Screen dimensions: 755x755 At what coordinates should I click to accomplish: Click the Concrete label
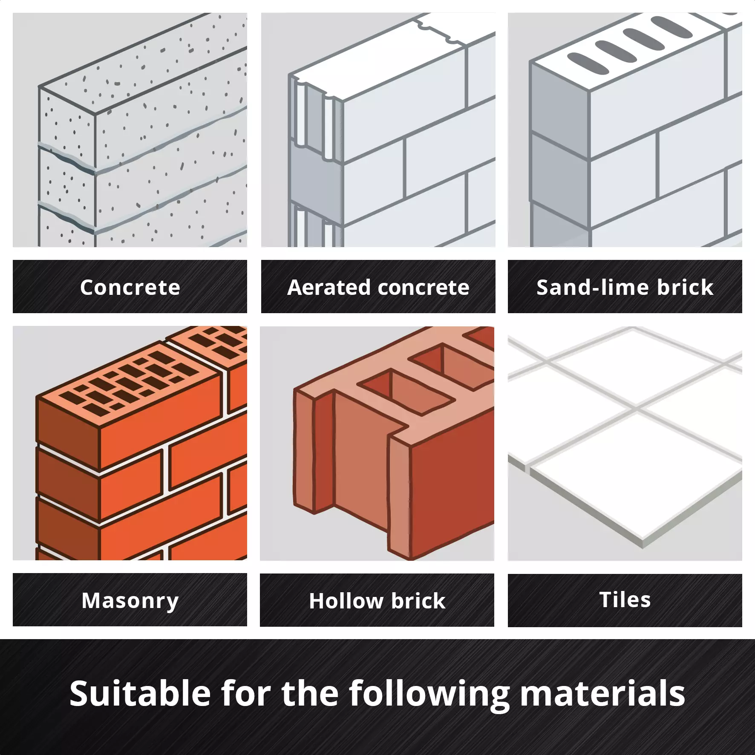coord(130,287)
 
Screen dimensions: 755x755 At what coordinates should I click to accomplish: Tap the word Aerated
coord(329,287)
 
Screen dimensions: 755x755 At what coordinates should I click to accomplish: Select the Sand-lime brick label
coord(625,287)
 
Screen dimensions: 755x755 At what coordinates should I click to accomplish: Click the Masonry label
coord(130,601)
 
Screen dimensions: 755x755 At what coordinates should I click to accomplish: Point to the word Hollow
coord(346,601)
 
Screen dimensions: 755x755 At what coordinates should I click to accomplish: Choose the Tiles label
coord(625,599)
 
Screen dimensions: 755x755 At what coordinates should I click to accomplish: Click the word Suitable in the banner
coord(140,693)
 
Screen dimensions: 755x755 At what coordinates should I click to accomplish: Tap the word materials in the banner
coord(602,693)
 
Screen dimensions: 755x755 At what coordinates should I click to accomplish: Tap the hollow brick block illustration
coord(393,444)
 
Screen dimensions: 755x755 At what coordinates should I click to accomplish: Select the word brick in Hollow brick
coord(418,601)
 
